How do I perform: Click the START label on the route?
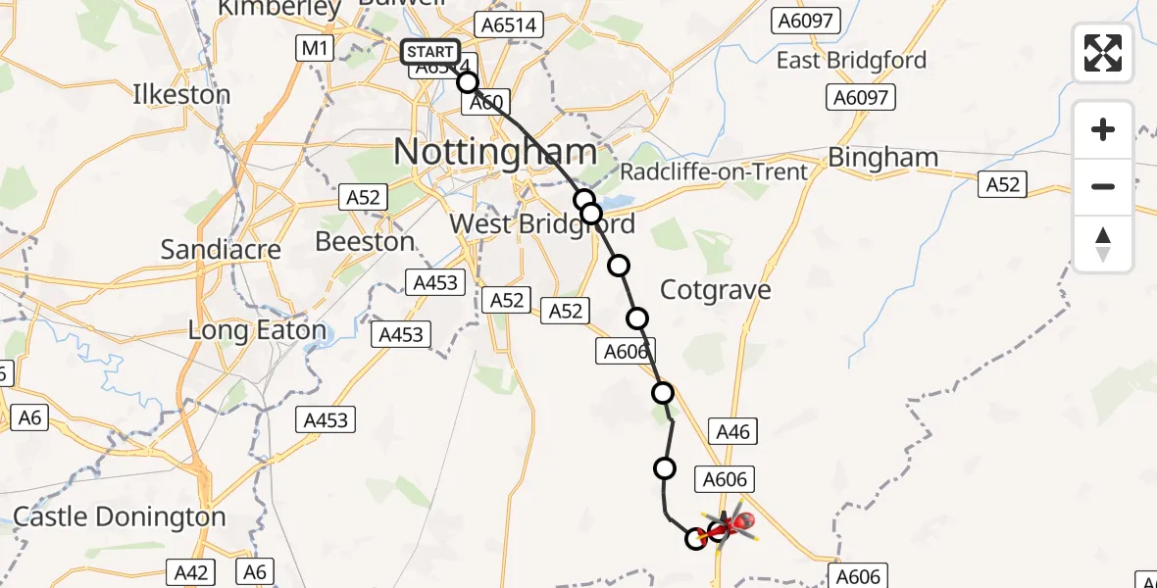click(429, 52)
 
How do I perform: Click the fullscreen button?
click(1103, 52)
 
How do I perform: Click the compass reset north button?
click(1103, 244)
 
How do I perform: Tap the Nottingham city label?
click(495, 152)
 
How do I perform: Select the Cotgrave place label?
click(715, 290)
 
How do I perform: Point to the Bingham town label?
click(882, 157)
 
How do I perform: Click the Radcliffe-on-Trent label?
click(714, 172)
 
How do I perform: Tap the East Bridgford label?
click(851, 61)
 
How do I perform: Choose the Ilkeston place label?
click(181, 95)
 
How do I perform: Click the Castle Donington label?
click(120, 516)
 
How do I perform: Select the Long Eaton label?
click(257, 330)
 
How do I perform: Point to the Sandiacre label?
click(221, 249)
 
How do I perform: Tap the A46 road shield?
click(732, 431)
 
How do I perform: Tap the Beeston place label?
click(365, 241)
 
